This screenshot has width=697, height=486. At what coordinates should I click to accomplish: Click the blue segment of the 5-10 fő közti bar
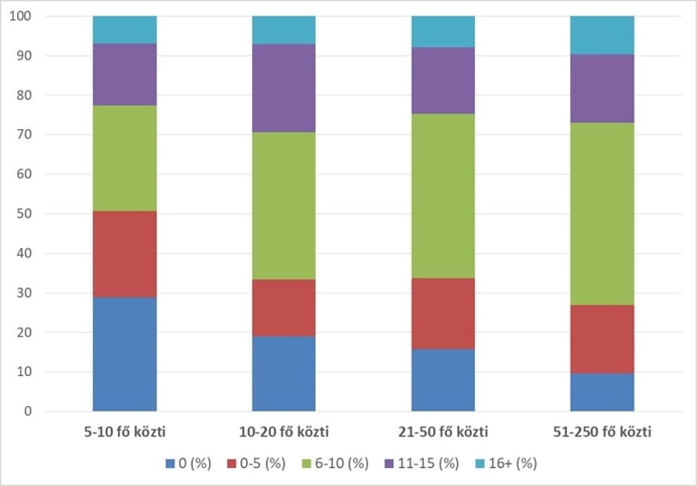coord(125,354)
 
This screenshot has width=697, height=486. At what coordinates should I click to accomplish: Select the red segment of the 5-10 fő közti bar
coord(125,254)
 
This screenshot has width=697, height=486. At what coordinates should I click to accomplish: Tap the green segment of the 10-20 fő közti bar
coord(284,206)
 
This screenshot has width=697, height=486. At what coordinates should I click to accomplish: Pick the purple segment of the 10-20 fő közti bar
coord(284,89)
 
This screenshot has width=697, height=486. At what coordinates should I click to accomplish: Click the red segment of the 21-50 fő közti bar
coord(443,314)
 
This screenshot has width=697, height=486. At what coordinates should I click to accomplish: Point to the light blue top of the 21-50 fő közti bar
coord(443,32)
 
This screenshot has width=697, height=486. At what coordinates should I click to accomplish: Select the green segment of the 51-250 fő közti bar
coord(602,213)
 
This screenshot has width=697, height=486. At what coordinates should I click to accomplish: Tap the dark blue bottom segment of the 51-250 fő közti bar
coord(602,392)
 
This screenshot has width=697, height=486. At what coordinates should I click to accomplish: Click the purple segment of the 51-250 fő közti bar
coord(602,89)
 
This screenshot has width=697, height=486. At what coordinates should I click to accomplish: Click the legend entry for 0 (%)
coord(188,464)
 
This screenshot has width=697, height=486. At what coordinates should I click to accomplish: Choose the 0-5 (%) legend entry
coord(256,464)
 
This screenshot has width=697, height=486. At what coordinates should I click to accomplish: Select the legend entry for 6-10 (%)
coord(336,464)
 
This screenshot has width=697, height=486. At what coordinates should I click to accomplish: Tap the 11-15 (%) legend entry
coord(422,464)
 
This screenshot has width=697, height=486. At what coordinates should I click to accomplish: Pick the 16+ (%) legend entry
coord(506,464)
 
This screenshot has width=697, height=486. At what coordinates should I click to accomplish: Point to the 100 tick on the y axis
coord(21,16)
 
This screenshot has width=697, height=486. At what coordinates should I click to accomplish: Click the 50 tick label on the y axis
coord(24,213)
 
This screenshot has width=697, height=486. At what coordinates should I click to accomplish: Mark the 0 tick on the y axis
coord(28,411)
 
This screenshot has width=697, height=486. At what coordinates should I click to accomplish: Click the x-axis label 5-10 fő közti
coord(125,432)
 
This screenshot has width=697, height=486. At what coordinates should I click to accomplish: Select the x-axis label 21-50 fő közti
coord(443,432)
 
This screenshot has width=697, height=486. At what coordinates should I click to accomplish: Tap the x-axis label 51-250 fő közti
coord(602,432)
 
